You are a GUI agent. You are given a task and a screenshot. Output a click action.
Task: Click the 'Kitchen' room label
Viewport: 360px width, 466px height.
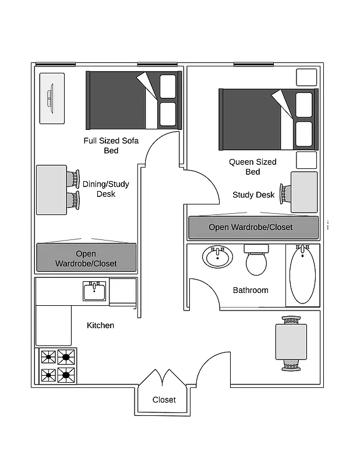coord(100,325)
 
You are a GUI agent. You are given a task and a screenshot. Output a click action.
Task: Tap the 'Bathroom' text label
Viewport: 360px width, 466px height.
coord(250,290)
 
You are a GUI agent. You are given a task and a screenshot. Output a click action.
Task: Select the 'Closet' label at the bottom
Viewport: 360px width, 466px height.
coord(164,400)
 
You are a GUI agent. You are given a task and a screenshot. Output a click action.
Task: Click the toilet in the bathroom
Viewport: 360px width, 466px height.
coord(256,260)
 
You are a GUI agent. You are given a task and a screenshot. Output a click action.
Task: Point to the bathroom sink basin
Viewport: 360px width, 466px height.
coord(217,256)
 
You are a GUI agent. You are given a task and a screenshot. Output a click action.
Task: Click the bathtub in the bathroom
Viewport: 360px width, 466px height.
coord(302,274)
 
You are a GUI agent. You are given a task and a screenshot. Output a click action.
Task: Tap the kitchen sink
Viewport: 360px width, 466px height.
coord(95,290)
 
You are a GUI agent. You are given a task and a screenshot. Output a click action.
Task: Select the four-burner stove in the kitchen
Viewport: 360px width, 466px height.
coord(57,366)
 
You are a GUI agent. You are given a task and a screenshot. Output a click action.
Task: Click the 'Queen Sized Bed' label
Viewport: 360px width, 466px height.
coord(252,167)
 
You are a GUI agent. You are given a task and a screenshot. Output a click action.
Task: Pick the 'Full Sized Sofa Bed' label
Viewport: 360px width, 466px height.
coord(111,146)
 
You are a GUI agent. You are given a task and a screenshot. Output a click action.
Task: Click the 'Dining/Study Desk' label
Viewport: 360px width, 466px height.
coord(105,189)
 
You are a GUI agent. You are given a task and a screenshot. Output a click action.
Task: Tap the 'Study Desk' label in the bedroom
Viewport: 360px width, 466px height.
coord(253,195)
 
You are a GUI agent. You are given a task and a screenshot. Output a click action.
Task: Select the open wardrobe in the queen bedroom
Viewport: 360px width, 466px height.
coord(253,227)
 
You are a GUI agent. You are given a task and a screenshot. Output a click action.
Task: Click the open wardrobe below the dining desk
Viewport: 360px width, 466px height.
coord(86,258)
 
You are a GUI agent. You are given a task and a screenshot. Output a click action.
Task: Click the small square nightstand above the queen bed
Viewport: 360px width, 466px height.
coord(306,77)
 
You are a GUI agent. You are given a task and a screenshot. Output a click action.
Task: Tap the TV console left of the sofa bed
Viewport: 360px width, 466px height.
coord(51,98)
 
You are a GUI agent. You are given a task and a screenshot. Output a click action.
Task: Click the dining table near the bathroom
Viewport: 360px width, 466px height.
coord(291,341)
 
